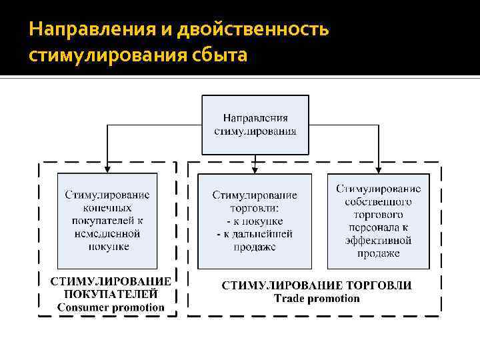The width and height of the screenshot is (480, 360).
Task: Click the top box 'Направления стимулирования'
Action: (x=255, y=125)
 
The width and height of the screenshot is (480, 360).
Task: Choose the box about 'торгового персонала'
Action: (x=378, y=221)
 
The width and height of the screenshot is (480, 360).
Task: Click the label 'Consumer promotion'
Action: (x=110, y=307)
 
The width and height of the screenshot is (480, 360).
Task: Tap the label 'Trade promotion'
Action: (x=317, y=298)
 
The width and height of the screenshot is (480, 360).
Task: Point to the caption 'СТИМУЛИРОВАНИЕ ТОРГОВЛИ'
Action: (x=317, y=285)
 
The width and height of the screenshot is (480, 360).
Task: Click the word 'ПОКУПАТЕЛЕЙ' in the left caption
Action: (x=111, y=294)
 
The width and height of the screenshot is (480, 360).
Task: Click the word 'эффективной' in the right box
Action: (x=378, y=241)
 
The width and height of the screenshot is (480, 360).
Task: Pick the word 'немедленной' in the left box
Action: (x=107, y=233)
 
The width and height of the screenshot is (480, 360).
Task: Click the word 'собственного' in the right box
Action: (x=378, y=202)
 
